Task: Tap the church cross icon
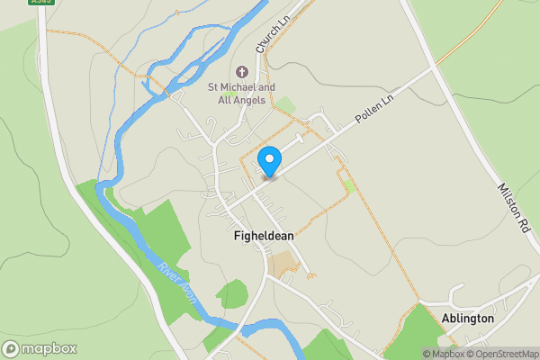click(241, 71)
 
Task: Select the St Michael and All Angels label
click(237, 94)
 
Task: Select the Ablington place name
click(468, 319)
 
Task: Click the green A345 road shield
click(40, 2)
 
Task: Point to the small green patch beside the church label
click(285, 105)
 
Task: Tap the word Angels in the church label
click(247, 100)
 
